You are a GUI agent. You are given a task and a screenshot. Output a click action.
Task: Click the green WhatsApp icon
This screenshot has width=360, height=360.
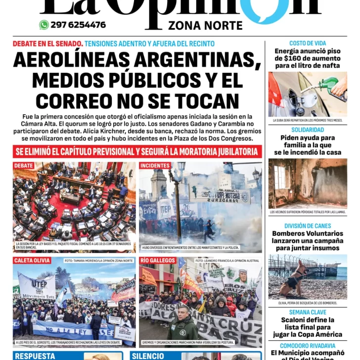click(x=44, y=25)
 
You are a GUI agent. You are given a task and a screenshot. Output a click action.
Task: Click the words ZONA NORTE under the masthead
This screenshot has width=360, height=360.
click(x=205, y=26)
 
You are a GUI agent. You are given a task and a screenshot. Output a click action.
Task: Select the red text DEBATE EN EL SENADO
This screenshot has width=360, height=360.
click(x=47, y=44)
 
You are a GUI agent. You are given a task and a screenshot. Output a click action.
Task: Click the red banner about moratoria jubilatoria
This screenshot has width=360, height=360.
click(x=137, y=151)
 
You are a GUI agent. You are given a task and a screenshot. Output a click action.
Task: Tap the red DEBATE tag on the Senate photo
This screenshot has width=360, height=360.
click(x=24, y=166)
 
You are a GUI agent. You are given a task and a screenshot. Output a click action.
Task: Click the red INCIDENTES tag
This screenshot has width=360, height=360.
click(x=155, y=166)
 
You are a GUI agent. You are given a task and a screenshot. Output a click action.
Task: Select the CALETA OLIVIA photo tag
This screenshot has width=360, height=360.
click(x=32, y=261)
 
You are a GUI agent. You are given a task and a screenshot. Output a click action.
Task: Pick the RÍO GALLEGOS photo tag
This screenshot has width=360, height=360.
click(x=158, y=261)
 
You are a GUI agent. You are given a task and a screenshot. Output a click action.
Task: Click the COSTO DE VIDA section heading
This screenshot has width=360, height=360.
click(x=308, y=44)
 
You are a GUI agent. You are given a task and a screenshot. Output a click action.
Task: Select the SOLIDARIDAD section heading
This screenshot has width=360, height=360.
click(x=308, y=130)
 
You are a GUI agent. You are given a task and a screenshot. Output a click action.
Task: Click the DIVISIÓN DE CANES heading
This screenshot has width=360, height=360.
click(x=308, y=226)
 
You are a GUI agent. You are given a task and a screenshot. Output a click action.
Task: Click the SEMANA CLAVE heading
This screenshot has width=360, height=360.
click(x=308, y=312)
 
